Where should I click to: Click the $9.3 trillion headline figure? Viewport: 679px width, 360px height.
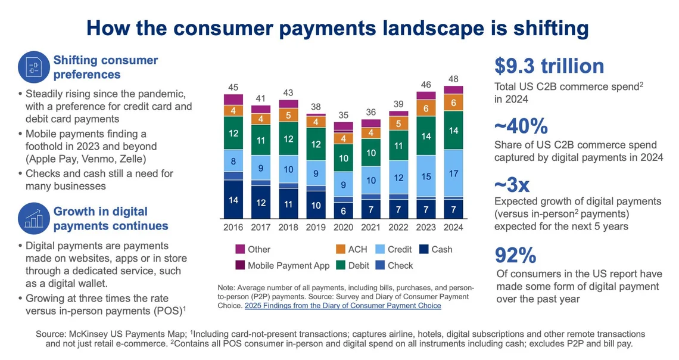coord(549,66)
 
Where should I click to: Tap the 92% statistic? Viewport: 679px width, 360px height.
coord(516,255)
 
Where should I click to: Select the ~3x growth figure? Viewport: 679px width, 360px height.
coord(512,185)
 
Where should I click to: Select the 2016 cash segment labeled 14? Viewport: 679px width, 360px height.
coord(233,200)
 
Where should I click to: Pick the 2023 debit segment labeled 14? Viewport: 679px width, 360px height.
coord(426,136)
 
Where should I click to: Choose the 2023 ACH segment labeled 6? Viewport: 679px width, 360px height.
coord(426,108)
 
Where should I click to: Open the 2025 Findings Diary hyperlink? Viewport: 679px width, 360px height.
coord(342,306)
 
